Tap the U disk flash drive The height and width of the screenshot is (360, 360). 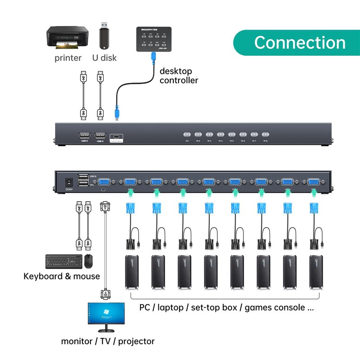[x=104, y=36]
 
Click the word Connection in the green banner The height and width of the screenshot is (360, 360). [x=300, y=43]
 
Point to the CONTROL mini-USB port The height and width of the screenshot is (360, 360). [x=116, y=135]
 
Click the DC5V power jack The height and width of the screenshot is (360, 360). [x=69, y=182]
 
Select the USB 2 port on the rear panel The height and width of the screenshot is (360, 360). [x=83, y=177]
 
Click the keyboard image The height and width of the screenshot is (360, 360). [x=63, y=261]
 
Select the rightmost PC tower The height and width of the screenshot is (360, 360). [x=317, y=272]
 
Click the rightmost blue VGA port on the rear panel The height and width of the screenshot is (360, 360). [x=314, y=182]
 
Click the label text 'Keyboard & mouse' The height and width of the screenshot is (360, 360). [x=62, y=276]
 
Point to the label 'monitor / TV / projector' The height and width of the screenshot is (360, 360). [x=108, y=341]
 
